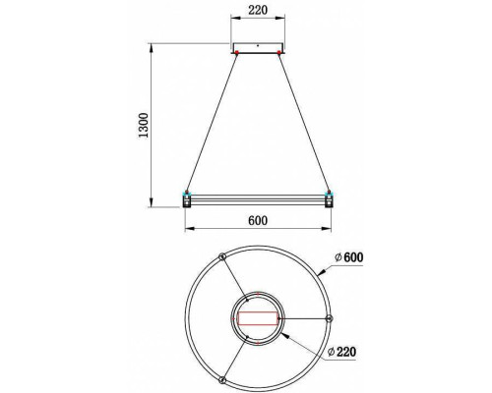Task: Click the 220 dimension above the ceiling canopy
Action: click(x=258, y=12)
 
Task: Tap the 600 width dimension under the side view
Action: click(x=258, y=220)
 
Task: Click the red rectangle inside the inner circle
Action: click(x=258, y=318)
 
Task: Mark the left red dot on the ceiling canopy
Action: click(x=236, y=52)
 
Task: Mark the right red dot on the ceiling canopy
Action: click(x=280, y=52)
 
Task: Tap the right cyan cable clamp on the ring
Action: click(x=329, y=192)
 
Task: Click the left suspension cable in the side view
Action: click(x=212, y=122)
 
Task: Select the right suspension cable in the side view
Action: click(x=305, y=122)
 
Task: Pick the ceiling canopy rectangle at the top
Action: click(x=258, y=48)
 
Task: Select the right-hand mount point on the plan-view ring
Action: click(x=329, y=318)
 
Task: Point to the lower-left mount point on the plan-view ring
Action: click(x=222, y=379)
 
